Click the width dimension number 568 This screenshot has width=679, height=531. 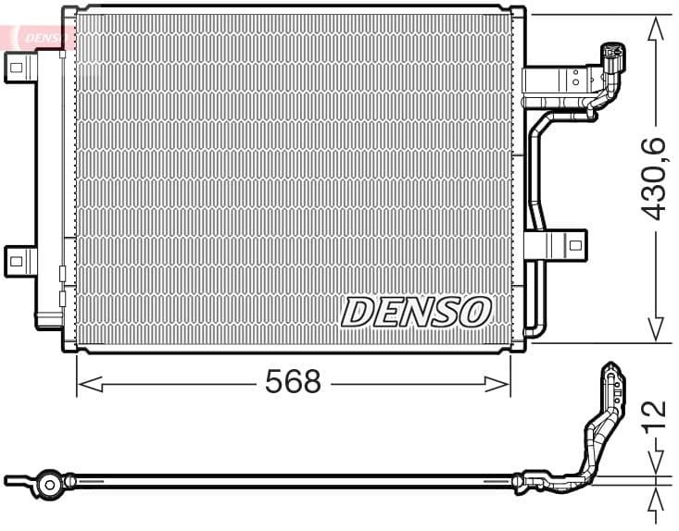click(x=293, y=381)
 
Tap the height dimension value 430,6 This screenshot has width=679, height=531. click(x=655, y=178)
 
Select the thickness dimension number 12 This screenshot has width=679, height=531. click(x=655, y=416)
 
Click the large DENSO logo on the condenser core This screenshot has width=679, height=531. click(x=416, y=313)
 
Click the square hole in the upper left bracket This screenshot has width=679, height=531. click(x=16, y=66)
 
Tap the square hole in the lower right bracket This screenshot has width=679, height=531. click(x=574, y=245)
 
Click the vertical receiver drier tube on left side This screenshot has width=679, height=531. click(x=48, y=185)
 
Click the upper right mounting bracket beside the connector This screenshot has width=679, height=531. click(x=556, y=81)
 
